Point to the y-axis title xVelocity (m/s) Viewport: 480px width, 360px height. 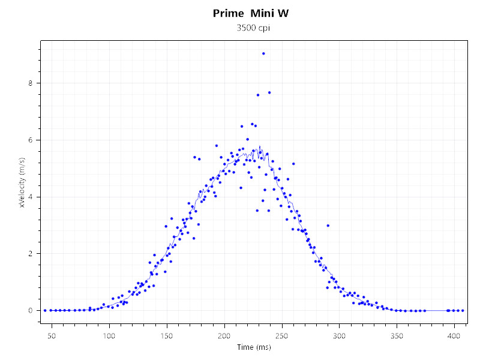(22, 182)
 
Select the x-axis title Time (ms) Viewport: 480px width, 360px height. (253, 348)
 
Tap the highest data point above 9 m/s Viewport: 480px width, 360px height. (263, 53)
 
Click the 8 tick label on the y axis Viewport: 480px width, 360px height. (31, 83)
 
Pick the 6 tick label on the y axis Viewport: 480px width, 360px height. (31, 140)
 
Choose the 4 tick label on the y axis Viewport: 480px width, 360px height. (31, 197)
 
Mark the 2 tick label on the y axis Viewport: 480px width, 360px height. (31, 254)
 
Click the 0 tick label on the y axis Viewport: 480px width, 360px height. (31, 310)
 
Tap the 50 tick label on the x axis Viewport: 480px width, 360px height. (52, 334)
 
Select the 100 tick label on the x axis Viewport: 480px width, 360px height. (109, 334)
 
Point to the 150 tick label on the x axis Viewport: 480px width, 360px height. (167, 334)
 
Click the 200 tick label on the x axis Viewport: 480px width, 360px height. (224, 334)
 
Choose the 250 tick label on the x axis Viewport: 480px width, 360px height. (282, 334)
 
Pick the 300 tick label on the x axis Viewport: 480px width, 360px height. (340, 334)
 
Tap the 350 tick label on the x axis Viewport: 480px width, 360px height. (397, 334)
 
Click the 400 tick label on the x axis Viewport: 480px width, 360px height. (454, 334)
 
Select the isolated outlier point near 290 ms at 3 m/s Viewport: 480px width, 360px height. (328, 226)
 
